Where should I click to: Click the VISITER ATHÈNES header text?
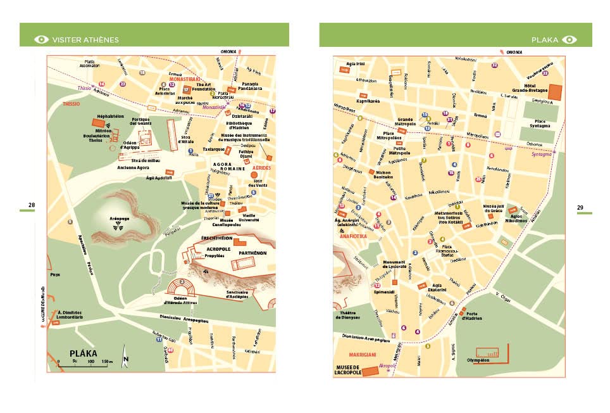pos(85,39)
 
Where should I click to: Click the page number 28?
pos(31,205)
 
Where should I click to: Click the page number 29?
pos(580,207)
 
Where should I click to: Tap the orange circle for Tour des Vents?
pos(254,175)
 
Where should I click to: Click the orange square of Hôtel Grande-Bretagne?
pos(556,91)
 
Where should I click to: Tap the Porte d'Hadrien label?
pos(471,317)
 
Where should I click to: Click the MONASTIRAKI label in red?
pos(185,79)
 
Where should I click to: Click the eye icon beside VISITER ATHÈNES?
pos(42,39)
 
